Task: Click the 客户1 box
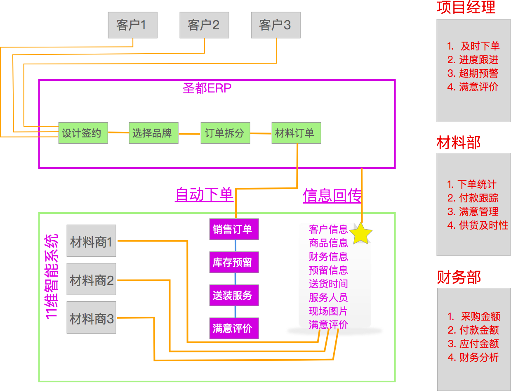coord(132,25)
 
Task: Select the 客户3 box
coord(276,25)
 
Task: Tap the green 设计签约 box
coord(83,133)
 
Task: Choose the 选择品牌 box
coord(153,133)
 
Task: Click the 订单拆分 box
coord(225,133)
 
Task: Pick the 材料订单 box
coord(296,133)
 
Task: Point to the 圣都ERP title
coord(207,88)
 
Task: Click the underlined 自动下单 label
coord(204,194)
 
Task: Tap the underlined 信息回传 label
coord(332,195)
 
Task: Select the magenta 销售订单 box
coord(234,229)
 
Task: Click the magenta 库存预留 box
coord(234,262)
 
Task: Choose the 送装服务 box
coord(234,295)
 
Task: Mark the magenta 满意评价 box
coord(234,328)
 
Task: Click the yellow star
coord(361,234)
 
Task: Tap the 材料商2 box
coord(91,281)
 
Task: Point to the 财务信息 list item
coord(328,256)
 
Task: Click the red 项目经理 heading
coord(466,7)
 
